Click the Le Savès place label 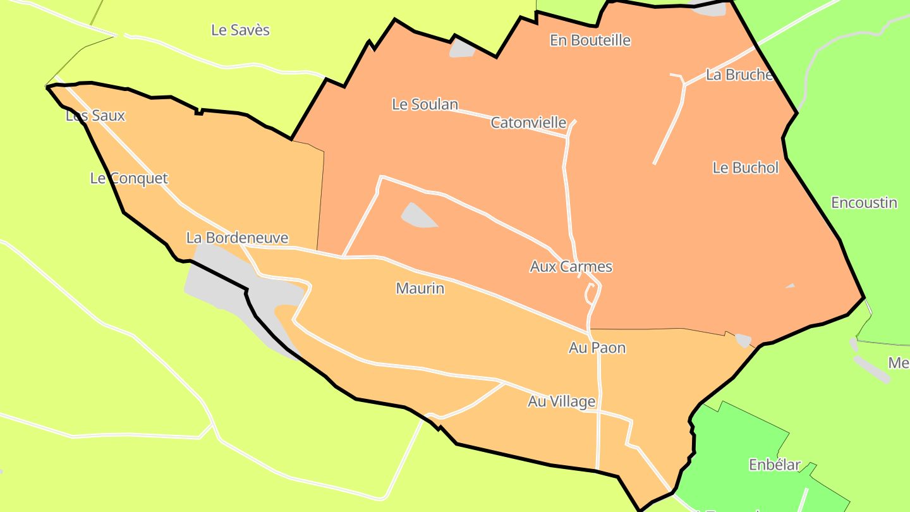(240, 30)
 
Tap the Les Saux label (95, 116)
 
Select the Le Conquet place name (129, 178)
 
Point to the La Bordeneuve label (237, 238)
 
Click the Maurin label (420, 289)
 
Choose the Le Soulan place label (425, 104)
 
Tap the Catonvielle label (528, 123)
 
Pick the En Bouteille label (590, 40)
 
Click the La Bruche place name (739, 75)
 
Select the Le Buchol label (746, 168)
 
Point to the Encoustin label (864, 203)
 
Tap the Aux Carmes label (571, 267)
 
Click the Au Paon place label (597, 348)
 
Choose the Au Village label (561, 401)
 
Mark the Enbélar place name (774, 465)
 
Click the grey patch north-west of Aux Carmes (417, 216)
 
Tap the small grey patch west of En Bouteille (462, 49)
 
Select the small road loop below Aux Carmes (590, 294)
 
